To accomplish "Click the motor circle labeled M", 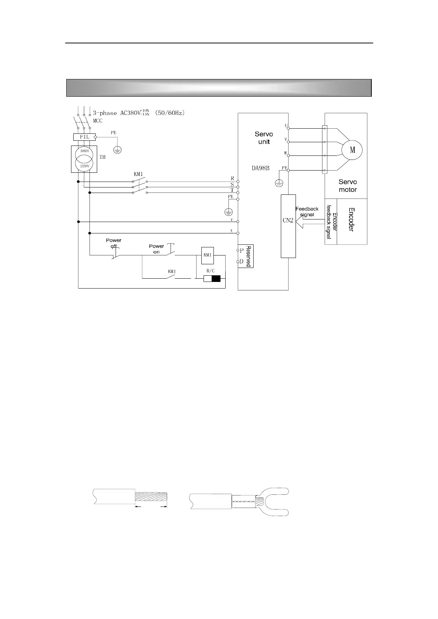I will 352,150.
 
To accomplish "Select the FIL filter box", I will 84,137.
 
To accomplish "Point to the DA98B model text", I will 261,168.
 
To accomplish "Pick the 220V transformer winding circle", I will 84,165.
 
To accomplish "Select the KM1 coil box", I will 208,255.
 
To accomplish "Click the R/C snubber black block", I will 216,279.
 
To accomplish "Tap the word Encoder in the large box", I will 351,219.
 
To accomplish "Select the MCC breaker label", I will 98,121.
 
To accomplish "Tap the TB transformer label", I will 102,157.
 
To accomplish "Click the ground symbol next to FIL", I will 118,149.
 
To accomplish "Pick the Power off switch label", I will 113,243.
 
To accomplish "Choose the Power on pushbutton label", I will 156,249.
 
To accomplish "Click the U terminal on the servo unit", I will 288,128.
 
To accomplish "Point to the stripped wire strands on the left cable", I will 151,498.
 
